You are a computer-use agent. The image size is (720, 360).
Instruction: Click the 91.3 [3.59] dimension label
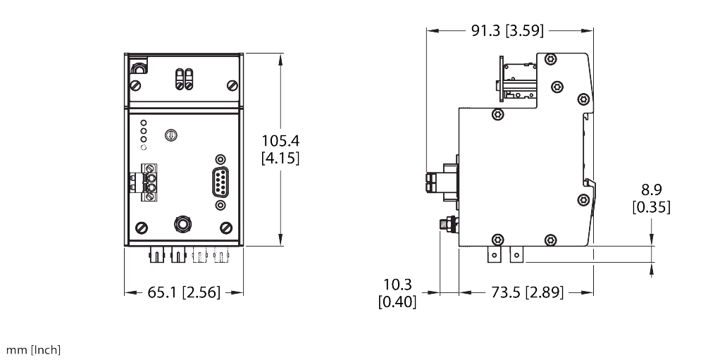[509, 30]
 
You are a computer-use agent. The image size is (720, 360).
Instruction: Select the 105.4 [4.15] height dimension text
[280, 149]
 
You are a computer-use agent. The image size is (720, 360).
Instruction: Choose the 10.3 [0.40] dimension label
[397, 293]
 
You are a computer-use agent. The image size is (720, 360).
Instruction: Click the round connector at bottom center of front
[182, 224]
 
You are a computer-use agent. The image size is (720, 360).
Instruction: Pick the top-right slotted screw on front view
[232, 85]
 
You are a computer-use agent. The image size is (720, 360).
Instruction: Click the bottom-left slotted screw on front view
[140, 228]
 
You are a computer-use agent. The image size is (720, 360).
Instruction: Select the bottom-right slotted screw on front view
[226, 228]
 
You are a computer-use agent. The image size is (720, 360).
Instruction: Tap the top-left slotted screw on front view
[135, 85]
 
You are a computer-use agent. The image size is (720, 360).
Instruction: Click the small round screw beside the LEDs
[170, 135]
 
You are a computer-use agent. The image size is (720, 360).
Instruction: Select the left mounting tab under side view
[495, 254]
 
